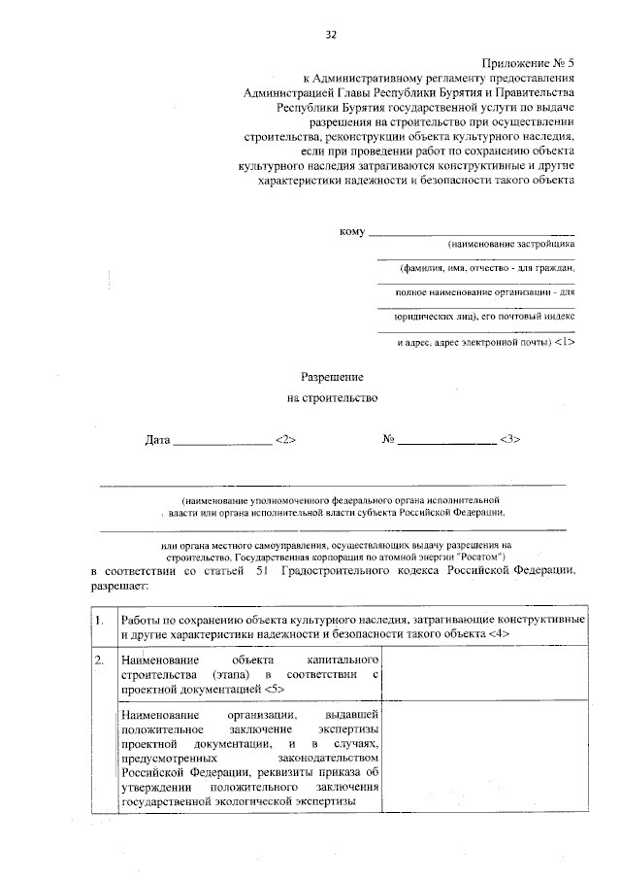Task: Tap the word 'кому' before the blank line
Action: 351,231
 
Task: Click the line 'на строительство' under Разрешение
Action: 332,397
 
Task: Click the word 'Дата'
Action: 157,439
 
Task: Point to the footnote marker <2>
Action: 285,439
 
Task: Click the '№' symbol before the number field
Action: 388,439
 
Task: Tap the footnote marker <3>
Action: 510,439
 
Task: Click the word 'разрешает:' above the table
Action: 120,588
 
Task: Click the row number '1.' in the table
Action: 100,619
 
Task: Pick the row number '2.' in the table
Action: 100,660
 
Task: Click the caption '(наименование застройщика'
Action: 505,245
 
